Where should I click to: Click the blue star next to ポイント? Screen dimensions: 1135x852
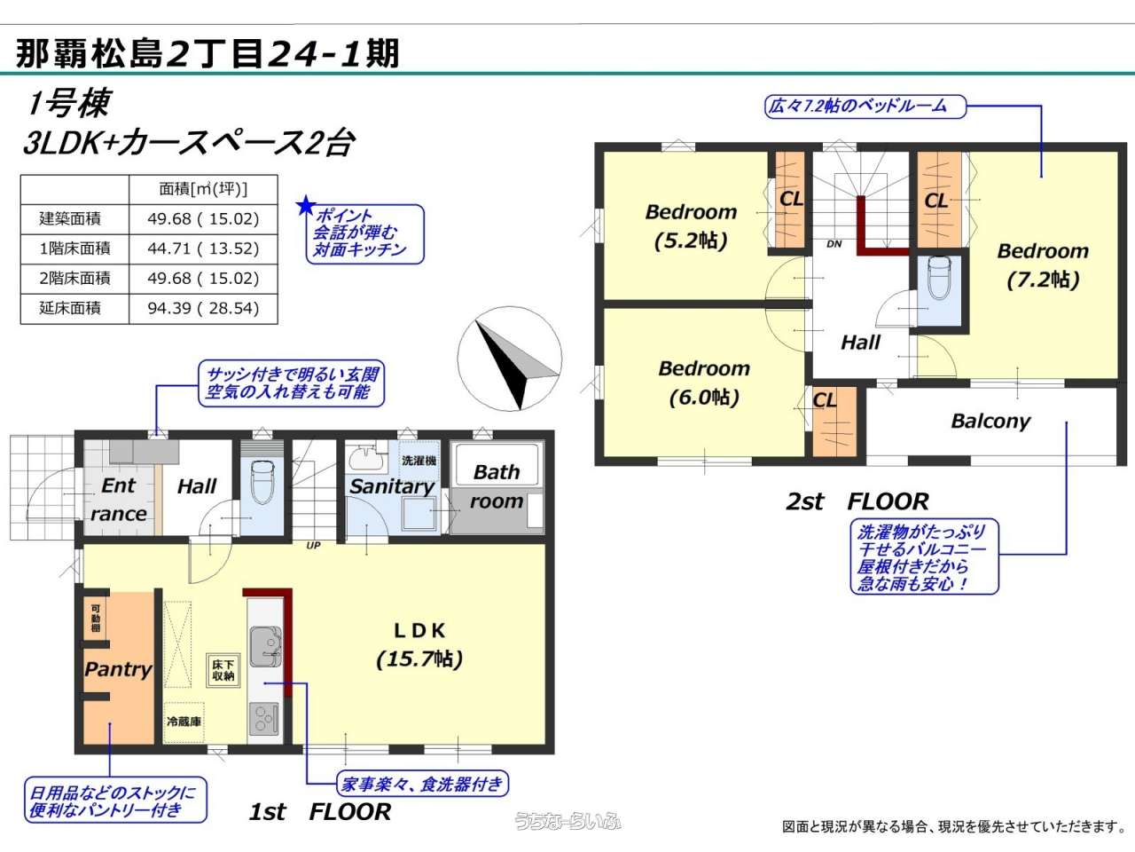click(306, 206)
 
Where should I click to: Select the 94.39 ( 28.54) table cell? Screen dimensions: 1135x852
click(203, 309)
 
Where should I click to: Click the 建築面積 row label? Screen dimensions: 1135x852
click(70, 219)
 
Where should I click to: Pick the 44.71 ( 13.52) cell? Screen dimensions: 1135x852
click(203, 248)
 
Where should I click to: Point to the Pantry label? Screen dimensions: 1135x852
click(119, 669)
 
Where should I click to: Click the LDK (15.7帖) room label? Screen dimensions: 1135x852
click(419, 644)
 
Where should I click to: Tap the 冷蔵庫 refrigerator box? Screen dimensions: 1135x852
click(184, 722)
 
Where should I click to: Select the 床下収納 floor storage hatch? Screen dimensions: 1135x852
click(223, 670)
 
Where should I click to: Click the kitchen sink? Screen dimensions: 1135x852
click(266, 647)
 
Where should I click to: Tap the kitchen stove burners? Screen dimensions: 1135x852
click(265, 719)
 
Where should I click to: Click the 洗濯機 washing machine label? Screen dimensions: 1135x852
click(419, 461)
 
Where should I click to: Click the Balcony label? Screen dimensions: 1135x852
click(990, 422)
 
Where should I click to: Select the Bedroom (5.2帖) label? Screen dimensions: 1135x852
click(692, 226)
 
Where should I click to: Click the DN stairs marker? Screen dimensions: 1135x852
click(834, 244)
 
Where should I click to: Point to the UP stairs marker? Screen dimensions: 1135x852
click(313, 545)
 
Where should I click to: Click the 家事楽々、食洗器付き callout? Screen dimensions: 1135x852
click(422, 785)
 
